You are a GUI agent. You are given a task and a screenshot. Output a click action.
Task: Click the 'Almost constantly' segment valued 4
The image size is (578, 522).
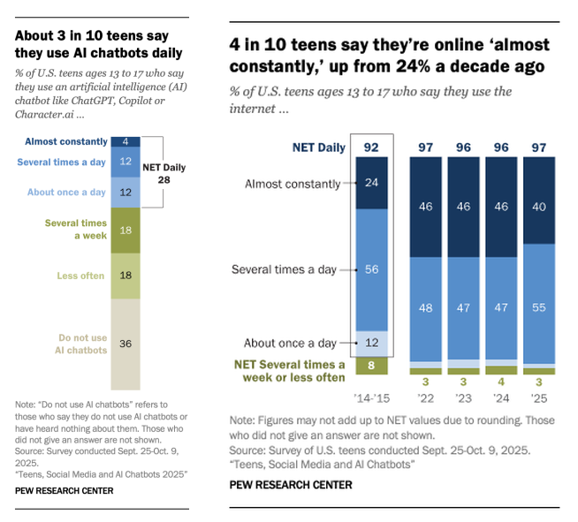tap(126, 141)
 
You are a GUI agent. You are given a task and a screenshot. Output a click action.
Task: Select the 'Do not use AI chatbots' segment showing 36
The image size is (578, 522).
tap(126, 344)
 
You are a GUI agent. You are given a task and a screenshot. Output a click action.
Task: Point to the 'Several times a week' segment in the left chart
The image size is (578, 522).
tap(126, 230)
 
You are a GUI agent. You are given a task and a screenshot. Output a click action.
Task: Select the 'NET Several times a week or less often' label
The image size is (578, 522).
tap(289, 370)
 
